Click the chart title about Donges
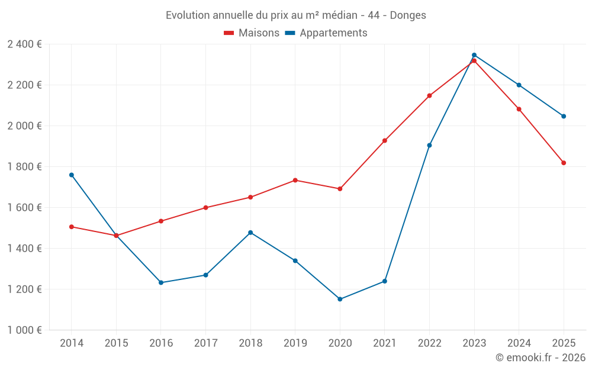pyautogui.click(x=295, y=15)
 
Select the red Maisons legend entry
pyautogui.click(x=252, y=33)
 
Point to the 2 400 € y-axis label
pyautogui.click(x=24, y=44)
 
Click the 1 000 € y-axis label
pyautogui.click(x=24, y=330)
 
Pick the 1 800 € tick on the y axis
pyautogui.click(x=24, y=167)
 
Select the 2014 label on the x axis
pyautogui.click(x=72, y=343)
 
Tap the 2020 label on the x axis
pyautogui.click(x=340, y=343)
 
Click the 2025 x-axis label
pyautogui.click(x=564, y=343)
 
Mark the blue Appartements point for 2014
pyautogui.click(x=72, y=175)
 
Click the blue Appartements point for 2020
pyautogui.click(x=340, y=299)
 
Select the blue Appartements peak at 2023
pyautogui.click(x=474, y=55)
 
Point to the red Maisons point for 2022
pyautogui.click(x=429, y=95)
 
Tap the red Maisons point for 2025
pyautogui.click(x=564, y=163)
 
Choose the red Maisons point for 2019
pyautogui.click(x=295, y=180)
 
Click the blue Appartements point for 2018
pyautogui.click(x=250, y=233)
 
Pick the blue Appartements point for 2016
pyautogui.click(x=161, y=282)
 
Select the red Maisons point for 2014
pyautogui.click(x=72, y=227)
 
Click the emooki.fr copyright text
pyautogui.click(x=540, y=358)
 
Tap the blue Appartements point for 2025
pyautogui.click(x=564, y=116)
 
